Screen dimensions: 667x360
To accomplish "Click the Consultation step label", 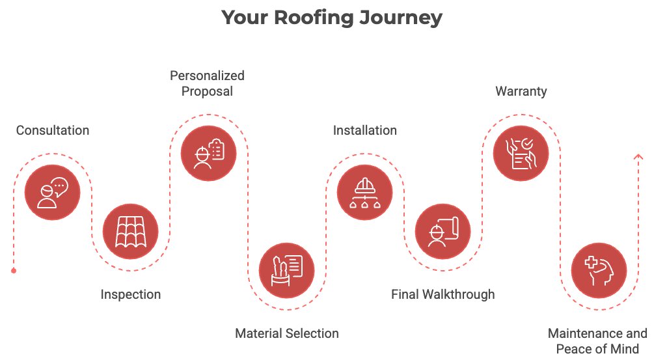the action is tap(53, 130).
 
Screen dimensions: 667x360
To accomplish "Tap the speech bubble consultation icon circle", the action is tap(52, 192).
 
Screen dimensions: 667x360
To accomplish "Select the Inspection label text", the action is tap(131, 294).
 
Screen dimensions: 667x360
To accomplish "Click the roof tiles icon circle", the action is tap(131, 232).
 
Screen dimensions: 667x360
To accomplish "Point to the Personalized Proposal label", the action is tap(207, 83).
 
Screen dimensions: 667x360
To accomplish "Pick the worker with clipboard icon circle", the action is tap(208, 153).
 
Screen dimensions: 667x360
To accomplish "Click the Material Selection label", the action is tap(287, 333).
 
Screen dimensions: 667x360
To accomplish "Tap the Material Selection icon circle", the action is tap(287, 271).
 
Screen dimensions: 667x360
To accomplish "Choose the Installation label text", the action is tap(365, 130).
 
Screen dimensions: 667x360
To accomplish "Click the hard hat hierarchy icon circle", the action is tap(364, 192).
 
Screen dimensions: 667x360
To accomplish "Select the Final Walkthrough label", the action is tap(443, 294).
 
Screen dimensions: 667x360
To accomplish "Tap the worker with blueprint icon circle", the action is tap(443, 232).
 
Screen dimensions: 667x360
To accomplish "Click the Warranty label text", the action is tap(521, 92).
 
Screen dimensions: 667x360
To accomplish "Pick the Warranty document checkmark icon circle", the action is tap(521, 153).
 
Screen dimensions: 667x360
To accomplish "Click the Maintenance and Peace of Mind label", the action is tap(597, 341).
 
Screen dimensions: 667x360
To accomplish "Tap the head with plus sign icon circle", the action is tap(599, 271).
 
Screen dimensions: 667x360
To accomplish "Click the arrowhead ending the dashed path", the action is tap(638, 157).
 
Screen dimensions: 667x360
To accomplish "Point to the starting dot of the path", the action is tap(14, 271).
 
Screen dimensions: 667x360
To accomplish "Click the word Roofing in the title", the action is tap(314, 18).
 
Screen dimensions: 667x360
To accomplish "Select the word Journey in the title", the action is tap(401, 18).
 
